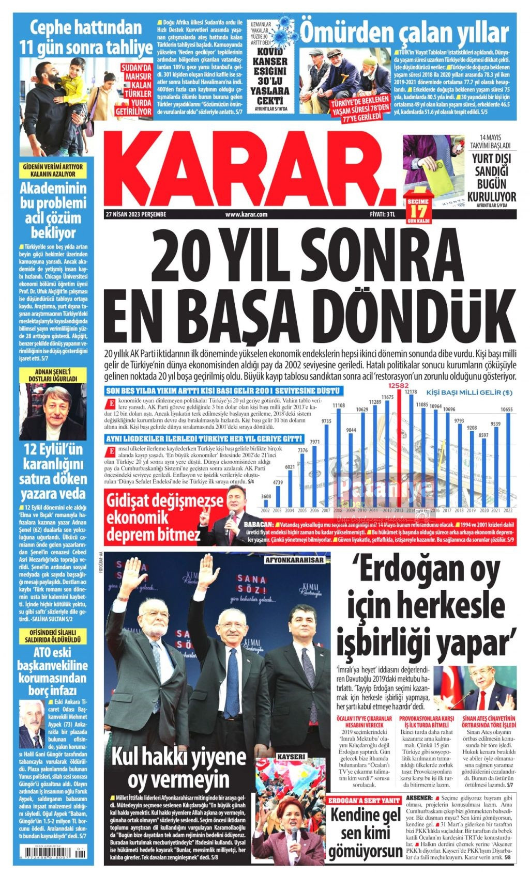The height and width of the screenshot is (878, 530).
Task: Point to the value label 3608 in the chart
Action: (x=266, y=496)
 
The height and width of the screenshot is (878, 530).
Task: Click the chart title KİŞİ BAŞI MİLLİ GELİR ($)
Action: (x=469, y=393)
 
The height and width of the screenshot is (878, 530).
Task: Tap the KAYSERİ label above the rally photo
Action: (x=291, y=757)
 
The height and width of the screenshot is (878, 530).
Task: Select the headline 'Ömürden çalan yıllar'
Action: (x=404, y=33)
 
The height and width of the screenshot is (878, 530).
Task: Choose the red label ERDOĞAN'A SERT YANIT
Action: (x=365, y=801)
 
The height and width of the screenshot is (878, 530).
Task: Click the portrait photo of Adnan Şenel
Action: (x=52, y=412)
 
